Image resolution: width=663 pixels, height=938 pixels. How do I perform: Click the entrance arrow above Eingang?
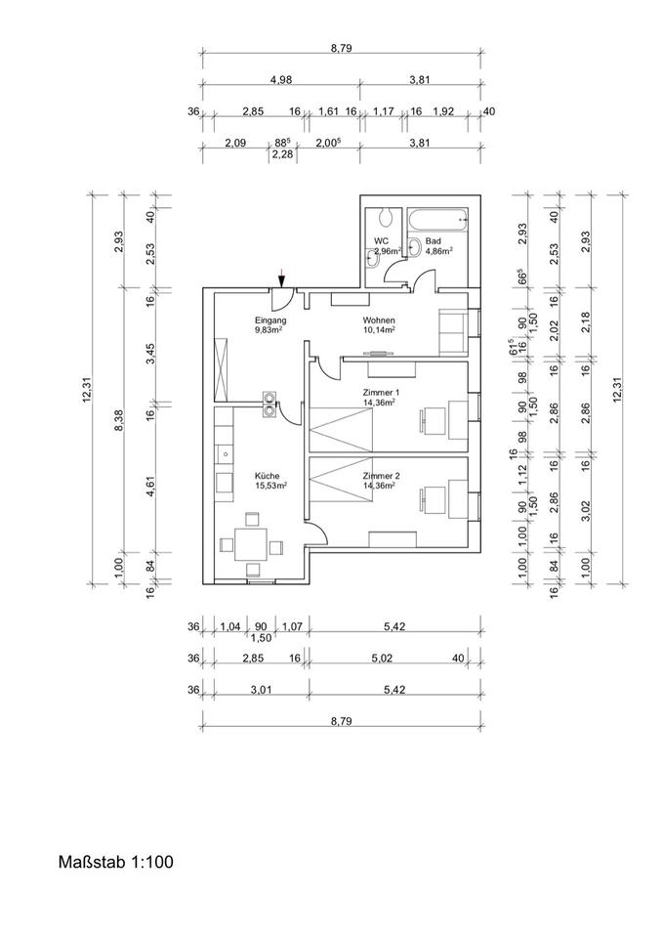click(281, 278)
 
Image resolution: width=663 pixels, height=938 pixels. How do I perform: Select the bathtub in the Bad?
click(438, 221)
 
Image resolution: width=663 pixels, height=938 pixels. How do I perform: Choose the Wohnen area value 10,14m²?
click(378, 329)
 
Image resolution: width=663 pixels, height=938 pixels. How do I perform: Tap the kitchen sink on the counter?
click(224, 452)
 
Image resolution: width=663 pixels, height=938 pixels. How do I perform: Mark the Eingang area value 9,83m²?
click(269, 329)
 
